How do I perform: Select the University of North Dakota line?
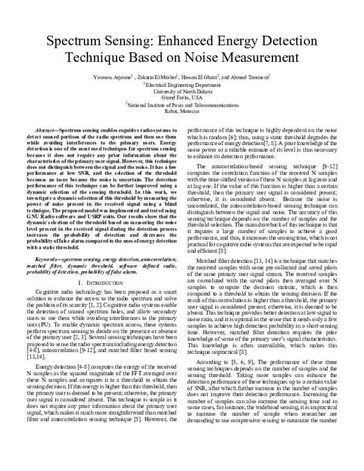[x=183, y=92]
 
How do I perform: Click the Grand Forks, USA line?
[x=183, y=98]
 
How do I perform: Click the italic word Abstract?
[x=47, y=131]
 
